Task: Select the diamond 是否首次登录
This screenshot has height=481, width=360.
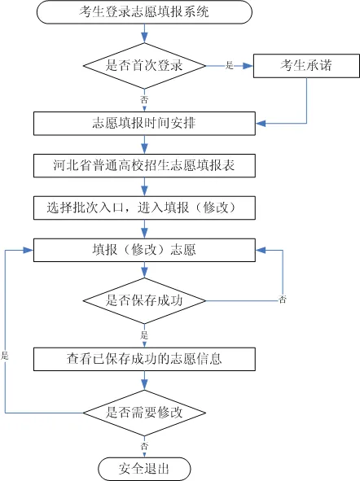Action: (143, 65)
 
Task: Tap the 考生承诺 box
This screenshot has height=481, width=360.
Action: (305, 65)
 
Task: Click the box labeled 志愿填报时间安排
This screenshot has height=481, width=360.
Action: (143, 124)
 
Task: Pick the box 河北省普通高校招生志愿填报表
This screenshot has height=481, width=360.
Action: (143, 165)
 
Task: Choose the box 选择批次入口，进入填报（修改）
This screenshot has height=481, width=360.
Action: (143, 207)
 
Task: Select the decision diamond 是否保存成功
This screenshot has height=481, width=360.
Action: (143, 300)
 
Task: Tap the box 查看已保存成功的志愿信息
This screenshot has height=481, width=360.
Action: (143, 357)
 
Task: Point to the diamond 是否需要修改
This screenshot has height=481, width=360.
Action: (143, 413)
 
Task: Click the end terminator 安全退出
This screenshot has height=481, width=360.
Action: (143, 469)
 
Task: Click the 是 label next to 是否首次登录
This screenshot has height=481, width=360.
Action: (229, 65)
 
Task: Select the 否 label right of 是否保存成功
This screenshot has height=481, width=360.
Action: (283, 300)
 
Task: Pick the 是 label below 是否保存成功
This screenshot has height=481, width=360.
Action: (144, 335)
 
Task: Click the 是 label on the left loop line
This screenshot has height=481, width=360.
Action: (5, 356)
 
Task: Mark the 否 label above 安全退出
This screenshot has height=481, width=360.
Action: (144, 447)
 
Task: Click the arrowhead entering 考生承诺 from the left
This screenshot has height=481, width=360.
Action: (249, 65)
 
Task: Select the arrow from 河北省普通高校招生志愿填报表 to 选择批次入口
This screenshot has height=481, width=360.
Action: (143, 186)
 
